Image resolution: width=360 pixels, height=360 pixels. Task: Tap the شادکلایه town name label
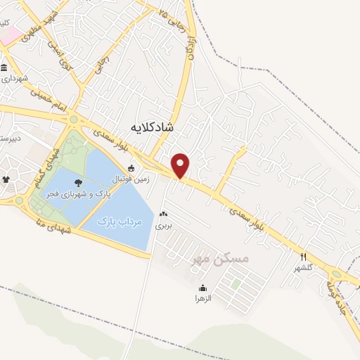pyautogui.click(x=153, y=127)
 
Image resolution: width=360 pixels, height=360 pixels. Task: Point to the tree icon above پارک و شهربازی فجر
pyautogui.click(x=77, y=183)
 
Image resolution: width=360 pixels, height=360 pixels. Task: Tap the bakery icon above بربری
pyautogui.click(x=164, y=214)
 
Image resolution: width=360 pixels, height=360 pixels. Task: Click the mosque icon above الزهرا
pyautogui.click(x=202, y=288)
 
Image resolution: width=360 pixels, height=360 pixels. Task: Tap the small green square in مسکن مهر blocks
pyautogui.click(x=236, y=284)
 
